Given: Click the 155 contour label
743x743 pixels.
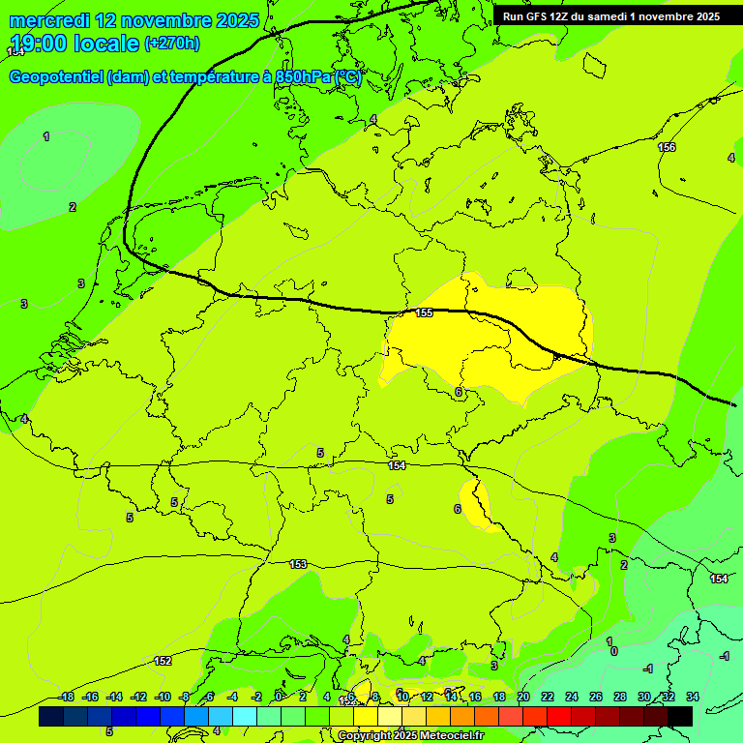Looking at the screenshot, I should pos(424,312).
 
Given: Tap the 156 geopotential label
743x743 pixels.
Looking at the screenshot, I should pos(667,147).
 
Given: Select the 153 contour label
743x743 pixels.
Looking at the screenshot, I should pos(298,564).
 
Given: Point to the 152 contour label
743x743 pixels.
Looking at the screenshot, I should pos(163,661).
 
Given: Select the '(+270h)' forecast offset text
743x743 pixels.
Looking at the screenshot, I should pos(172,44).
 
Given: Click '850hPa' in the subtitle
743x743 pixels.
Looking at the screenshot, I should pos(302,77).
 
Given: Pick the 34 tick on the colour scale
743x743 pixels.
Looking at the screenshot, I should pos(692,697).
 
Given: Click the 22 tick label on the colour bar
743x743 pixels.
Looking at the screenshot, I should pos(548,697).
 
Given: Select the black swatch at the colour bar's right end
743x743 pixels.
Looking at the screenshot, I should pos(680,716).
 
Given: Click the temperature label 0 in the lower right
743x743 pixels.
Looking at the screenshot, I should pos(613,652).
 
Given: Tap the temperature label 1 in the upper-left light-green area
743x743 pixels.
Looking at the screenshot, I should pos(46,136).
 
